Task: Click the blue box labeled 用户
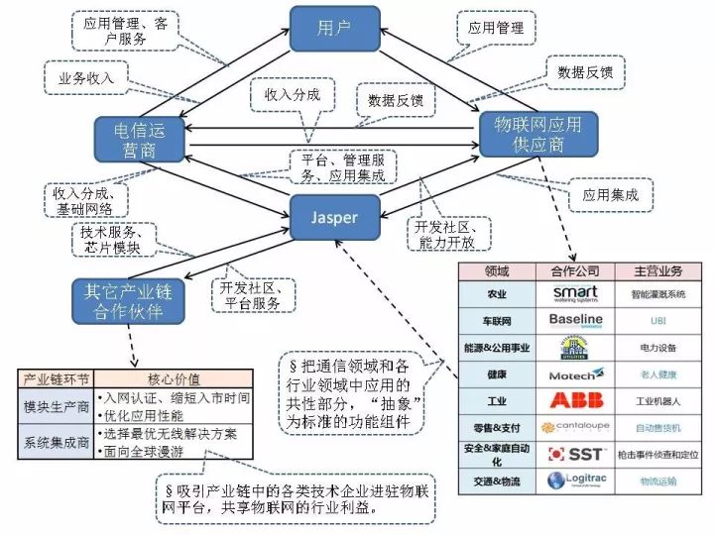335,29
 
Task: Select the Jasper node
335,217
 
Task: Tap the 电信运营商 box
140,139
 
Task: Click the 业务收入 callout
86,76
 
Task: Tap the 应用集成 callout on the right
610,194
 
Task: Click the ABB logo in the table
576,401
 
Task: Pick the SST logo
576,454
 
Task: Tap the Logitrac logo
576,481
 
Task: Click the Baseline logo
576,320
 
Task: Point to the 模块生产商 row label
58,406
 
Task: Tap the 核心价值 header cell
175,377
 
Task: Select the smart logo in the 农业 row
576,293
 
